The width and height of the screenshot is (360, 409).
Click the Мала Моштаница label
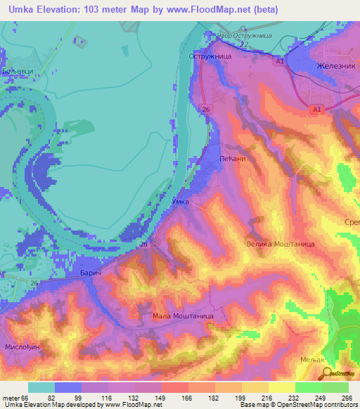[183, 316]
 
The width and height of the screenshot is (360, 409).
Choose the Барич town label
[91, 271]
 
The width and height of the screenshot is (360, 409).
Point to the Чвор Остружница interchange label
[244, 34]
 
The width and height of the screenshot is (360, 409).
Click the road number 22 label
[244, 44]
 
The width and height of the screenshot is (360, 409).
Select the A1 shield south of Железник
[316, 109]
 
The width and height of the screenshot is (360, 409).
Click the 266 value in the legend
[345, 397]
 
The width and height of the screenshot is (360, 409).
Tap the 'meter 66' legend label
[14, 397]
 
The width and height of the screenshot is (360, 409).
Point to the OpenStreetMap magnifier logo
[325, 375]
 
